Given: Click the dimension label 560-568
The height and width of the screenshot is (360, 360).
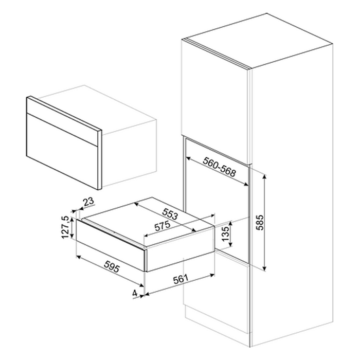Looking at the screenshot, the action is coord(219,167).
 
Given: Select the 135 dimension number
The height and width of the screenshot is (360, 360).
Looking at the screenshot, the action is coord(226,233).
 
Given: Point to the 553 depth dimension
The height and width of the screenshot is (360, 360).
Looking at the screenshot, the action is coord(170,214).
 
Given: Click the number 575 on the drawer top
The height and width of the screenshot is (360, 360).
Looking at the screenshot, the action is coord(163,226).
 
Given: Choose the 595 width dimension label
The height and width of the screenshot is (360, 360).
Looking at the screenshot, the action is coord(112,267).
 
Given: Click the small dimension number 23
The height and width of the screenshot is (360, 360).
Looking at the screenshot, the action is coord(88,202).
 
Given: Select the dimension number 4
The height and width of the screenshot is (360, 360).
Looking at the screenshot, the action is coord(135,293).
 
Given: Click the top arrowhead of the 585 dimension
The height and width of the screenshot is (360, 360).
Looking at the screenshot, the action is coord(265,177).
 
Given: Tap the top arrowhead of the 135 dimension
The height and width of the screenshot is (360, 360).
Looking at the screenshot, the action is coord(231,223).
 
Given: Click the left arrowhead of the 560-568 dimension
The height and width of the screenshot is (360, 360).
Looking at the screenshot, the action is coord(188,158).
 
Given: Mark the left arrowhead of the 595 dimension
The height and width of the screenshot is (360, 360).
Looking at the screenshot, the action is coord(79,257).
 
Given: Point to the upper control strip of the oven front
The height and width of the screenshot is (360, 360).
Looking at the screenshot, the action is coord(63,121).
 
